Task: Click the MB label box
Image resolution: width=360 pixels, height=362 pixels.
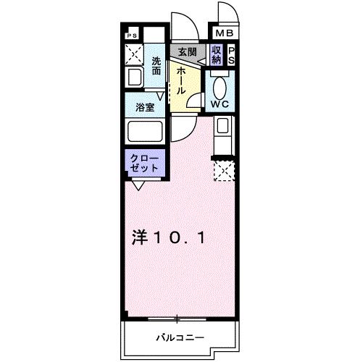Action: coord(222,33)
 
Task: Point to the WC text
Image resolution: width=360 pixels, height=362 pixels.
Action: coord(219,103)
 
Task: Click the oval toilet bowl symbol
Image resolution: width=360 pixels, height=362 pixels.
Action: coord(220,86)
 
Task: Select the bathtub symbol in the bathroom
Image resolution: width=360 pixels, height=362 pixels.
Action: coord(145,132)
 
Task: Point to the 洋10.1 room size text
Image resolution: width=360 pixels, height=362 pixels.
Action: coord(172,237)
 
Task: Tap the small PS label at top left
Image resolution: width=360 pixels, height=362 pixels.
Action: coord(132,35)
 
